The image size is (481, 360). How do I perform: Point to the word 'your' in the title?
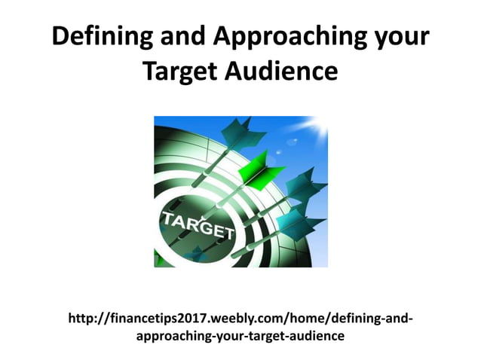[x=402, y=37]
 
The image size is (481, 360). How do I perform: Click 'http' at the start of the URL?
[x=81, y=319]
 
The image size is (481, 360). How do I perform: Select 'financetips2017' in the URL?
[x=146, y=319]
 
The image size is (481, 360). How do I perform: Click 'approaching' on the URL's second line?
[x=168, y=336]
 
